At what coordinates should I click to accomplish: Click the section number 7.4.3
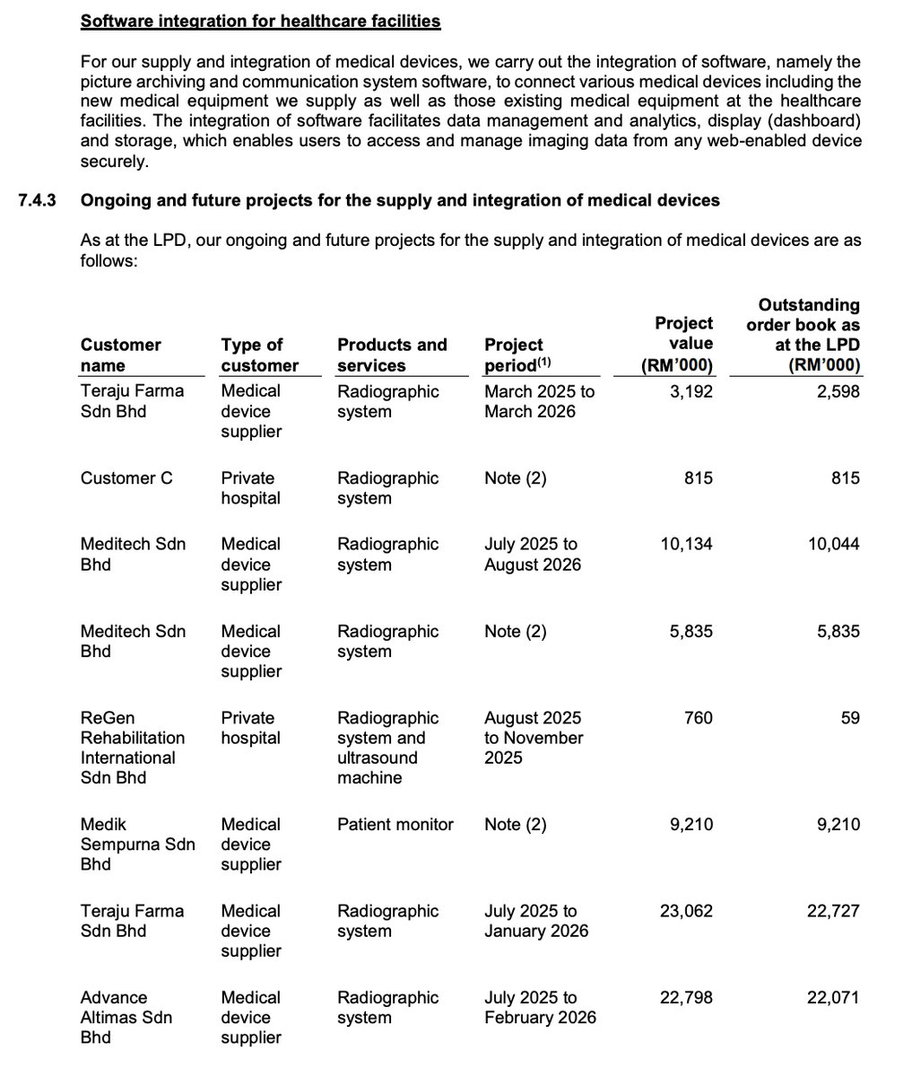37,200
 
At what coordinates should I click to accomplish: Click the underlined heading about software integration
260,20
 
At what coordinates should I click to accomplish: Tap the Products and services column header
391,355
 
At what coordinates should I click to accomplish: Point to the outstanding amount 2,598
838,391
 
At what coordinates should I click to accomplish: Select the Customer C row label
126,478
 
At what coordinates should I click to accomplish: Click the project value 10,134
686,544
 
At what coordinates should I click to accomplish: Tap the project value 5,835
691,631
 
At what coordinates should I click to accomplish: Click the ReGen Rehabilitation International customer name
132,748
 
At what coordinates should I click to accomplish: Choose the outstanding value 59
849,718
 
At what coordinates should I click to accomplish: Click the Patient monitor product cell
395,824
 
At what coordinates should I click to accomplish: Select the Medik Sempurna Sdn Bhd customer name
137,844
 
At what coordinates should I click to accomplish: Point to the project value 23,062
686,911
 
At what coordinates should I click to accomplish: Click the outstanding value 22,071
833,997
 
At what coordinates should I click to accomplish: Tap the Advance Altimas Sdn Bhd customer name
126,1017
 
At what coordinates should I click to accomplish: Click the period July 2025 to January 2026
535,921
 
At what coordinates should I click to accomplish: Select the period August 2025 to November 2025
534,738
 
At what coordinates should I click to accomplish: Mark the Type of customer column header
259,355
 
